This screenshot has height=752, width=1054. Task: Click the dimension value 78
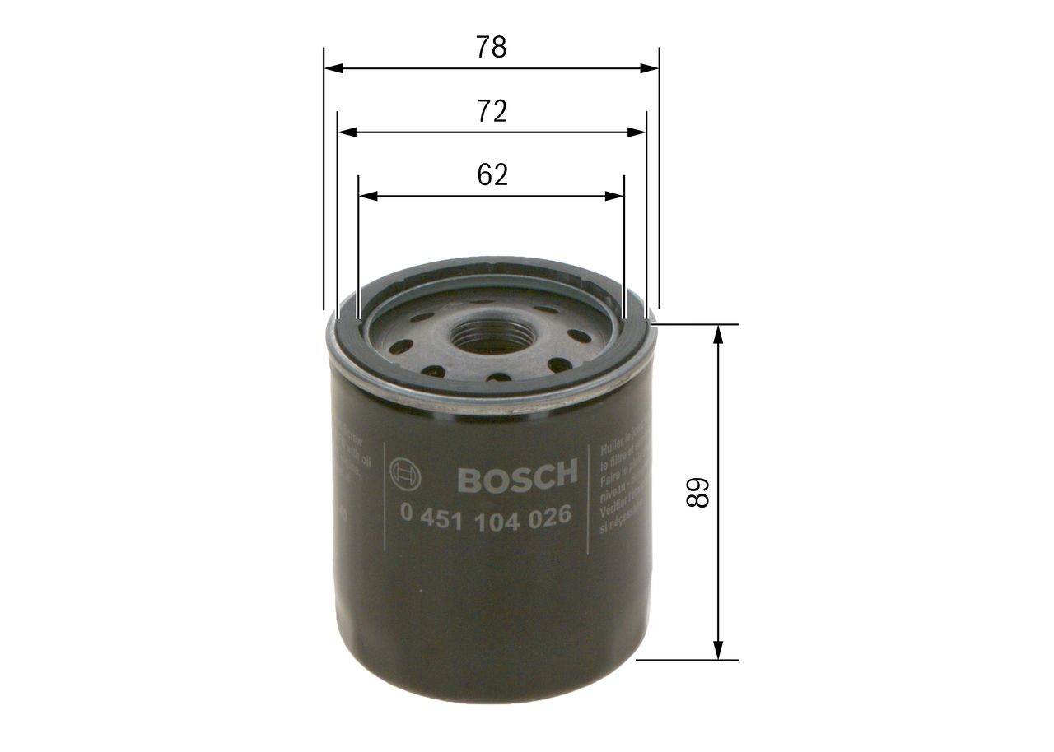(x=492, y=48)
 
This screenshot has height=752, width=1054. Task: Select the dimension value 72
(x=492, y=111)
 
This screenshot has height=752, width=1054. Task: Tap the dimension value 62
(x=492, y=174)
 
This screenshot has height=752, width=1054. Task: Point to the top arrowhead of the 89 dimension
(x=719, y=334)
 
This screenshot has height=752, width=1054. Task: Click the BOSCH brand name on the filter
(x=517, y=476)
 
